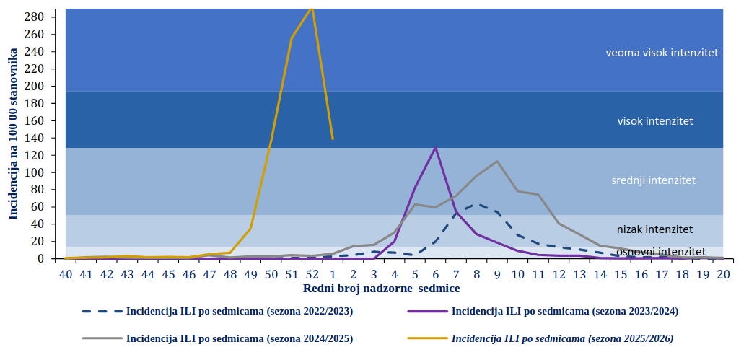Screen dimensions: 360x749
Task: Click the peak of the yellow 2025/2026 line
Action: (x=312, y=8)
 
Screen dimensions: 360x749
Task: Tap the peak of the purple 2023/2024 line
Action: (x=435, y=147)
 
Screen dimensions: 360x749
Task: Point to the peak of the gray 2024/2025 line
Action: (x=497, y=161)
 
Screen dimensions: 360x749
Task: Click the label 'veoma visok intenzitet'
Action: (x=662, y=53)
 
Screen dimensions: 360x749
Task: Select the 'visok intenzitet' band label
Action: (x=655, y=121)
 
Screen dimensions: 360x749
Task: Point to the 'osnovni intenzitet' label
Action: (x=660, y=251)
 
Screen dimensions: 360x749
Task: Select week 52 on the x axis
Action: (x=312, y=274)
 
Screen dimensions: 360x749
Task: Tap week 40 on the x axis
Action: (x=65, y=274)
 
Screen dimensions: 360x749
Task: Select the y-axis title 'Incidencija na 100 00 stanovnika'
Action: (x=13, y=133)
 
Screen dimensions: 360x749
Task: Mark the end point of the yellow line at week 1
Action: (x=333, y=139)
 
